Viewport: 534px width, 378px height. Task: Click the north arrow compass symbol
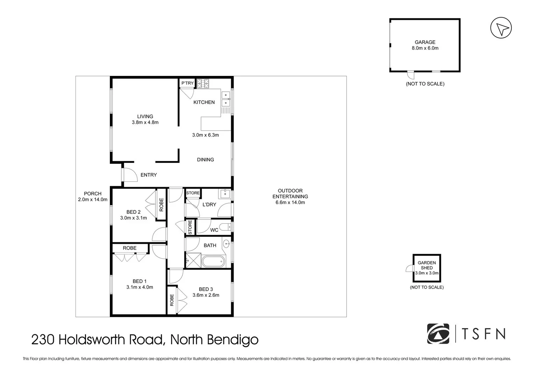[x=501, y=28]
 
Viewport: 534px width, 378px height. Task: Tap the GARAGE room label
[x=425, y=42]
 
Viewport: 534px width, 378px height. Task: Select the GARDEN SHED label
[x=427, y=265]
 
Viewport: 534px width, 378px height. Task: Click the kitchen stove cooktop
[x=203, y=83]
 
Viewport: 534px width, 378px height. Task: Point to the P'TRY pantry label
[x=187, y=83]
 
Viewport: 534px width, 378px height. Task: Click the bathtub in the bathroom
[x=214, y=261]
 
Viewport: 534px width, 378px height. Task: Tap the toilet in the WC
[x=225, y=227]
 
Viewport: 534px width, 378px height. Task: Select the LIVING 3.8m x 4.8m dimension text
[x=145, y=122]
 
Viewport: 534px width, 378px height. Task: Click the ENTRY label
[x=149, y=175]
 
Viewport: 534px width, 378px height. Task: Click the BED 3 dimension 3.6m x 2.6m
[x=206, y=295]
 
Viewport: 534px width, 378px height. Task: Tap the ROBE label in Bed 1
[x=129, y=248]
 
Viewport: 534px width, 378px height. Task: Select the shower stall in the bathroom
[x=193, y=261]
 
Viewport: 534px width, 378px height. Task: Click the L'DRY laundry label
[x=209, y=204]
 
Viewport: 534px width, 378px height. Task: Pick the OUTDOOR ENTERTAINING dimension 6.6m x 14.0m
[x=290, y=202]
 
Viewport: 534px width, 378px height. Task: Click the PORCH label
[x=92, y=194]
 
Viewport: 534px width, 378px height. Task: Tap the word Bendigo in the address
[x=233, y=339]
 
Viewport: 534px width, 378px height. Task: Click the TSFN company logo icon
[x=438, y=334]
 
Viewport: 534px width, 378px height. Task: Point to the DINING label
[x=205, y=160]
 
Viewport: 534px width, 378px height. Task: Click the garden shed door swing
[x=410, y=268]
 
